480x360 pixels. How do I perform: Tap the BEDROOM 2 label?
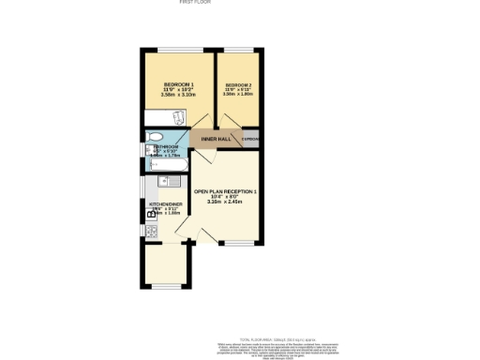tap(237, 84)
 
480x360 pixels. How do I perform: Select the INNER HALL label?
tap(215, 139)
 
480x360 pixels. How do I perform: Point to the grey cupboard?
tap(250, 139)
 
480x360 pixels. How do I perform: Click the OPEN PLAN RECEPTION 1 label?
tap(225, 191)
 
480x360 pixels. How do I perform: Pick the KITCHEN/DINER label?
tap(164, 203)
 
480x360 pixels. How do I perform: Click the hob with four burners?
tap(149, 228)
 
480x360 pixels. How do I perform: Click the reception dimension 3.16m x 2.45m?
tap(225, 202)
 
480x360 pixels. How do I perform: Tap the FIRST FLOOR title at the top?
tap(195, 3)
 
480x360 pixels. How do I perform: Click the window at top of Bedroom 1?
tap(172, 51)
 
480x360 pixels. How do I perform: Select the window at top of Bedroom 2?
tap(237, 51)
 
